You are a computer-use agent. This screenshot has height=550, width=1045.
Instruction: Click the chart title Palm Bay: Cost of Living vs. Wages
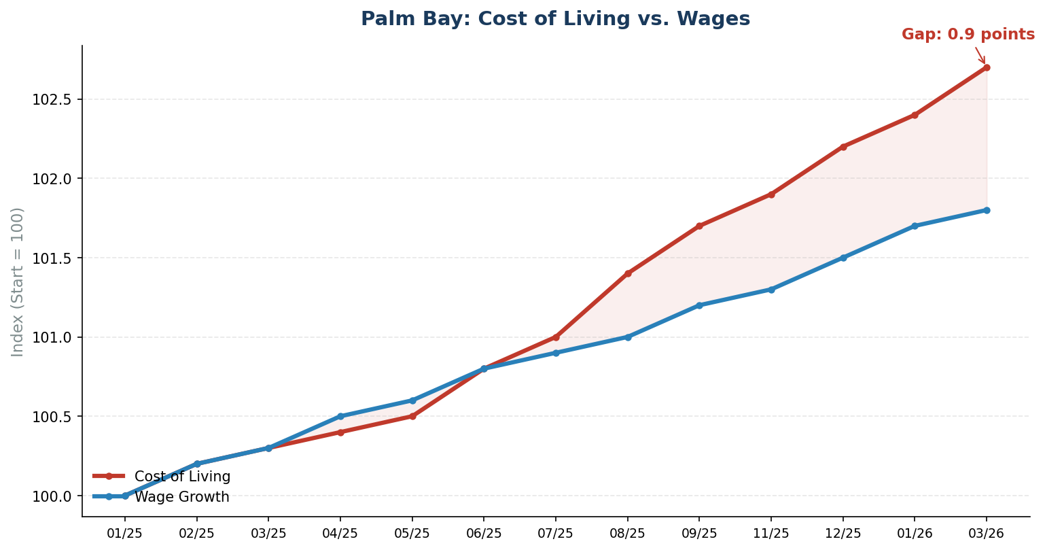(555, 19)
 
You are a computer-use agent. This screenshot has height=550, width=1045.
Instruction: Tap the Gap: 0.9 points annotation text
(968, 35)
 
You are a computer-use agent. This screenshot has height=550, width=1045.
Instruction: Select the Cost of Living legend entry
(182, 477)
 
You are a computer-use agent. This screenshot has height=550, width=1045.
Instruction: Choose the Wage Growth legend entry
(181, 497)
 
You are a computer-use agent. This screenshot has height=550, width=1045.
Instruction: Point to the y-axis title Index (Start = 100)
(18, 281)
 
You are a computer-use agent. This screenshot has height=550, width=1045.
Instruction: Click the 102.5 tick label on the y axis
(52, 100)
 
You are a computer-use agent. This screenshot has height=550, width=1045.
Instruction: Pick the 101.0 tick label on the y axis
(52, 338)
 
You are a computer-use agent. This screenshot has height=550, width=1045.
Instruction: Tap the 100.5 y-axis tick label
(52, 417)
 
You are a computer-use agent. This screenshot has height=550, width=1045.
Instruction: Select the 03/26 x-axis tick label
(986, 534)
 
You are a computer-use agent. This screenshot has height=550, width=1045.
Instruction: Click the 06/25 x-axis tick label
(484, 534)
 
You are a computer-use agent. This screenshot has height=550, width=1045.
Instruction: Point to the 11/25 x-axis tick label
(771, 534)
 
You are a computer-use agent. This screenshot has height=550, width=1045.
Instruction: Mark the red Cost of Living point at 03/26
(986, 67)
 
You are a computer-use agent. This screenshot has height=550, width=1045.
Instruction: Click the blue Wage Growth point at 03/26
(986, 210)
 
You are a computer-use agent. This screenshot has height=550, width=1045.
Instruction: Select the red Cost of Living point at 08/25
(628, 273)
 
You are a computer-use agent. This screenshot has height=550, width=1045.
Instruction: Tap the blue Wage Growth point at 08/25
(628, 337)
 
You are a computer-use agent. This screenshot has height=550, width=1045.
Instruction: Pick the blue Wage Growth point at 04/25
(340, 416)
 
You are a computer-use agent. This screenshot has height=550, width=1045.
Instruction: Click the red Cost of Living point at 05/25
(412, 416)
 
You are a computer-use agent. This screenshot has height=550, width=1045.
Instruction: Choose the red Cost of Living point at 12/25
(843, 147)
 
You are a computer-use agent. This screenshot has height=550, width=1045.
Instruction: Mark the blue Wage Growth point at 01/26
(915, 226)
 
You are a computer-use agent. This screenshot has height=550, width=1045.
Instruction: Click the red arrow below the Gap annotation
(980, 56)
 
